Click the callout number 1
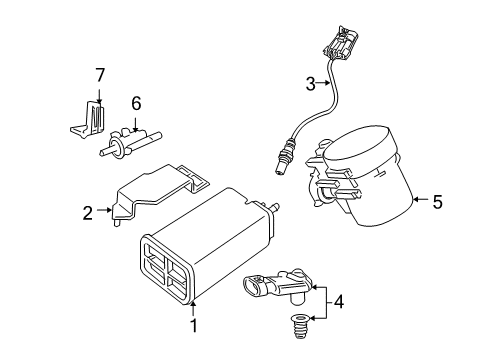194,325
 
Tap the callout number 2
88,212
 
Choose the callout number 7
99,75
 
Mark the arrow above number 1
194,307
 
